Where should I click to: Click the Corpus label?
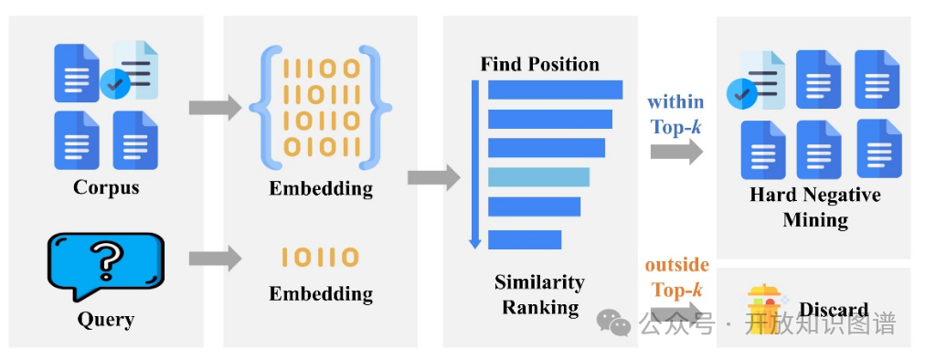pyautogui.click(x=106, y=187)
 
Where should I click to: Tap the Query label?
pyautogui.click(x=105, y=319)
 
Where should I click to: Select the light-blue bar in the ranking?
pyautogui.click(x=538, y=176)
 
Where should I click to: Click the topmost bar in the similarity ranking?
pyautogui.click(x=555, y=90)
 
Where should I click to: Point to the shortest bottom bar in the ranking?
pyautogui.click(x=525, y=239)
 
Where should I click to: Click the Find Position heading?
pyautogui.click(x=539, y=64)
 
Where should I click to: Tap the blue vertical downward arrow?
pyautogui.click(x=474, y=164)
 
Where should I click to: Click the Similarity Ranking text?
pyautogui.click(x=539, y=294)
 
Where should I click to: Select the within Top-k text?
pyautogui.click(x=676, y=114)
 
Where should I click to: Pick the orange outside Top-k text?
pyautogui.click(x=676, y=277)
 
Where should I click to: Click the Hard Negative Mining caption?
pyautogui.click(x=814, y=207)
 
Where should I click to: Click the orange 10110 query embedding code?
pyautogui.click(x=320, y=258)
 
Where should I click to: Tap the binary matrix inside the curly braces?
pyautogui.click(x=321, y=108)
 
